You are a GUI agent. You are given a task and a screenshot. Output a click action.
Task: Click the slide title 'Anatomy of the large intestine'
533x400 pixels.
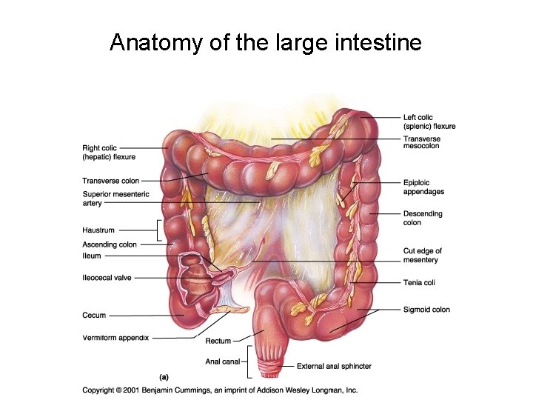[x=266, y=42]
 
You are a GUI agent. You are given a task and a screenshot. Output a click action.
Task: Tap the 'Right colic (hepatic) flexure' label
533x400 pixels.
[x=109, y=153]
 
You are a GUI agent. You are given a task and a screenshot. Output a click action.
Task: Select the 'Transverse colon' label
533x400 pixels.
[x=110, y=181]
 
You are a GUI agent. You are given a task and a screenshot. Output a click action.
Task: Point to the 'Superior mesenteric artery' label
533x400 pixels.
[x=115, y=199]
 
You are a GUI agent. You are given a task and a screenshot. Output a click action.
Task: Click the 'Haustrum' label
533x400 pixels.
[x=98, y=230]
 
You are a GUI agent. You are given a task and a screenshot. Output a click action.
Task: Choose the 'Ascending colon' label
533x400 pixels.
[x=110, y=244]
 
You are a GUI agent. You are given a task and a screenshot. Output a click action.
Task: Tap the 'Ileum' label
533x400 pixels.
[x=92, y=256]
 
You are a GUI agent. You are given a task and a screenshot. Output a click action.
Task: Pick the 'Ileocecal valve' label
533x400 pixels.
[x=107, y=278]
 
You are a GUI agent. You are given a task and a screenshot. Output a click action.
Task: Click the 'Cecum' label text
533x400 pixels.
[x=94, y=316]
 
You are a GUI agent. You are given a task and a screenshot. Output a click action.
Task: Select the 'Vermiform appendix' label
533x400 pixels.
[x=115, y=338]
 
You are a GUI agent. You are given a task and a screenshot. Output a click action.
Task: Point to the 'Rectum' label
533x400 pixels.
[x=218, y=341]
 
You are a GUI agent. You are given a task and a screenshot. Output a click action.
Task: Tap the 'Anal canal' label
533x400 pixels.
[x=222, y=361]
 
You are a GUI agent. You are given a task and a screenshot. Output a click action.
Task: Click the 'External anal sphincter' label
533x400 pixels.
[x=334, y=366]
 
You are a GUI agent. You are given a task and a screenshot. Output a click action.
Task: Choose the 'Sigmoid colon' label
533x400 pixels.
[x=426, y=310]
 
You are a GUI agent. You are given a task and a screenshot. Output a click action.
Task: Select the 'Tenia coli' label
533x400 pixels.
[x=419, y=282]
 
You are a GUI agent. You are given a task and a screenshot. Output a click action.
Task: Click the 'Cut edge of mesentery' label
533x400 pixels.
[x=421, y=256]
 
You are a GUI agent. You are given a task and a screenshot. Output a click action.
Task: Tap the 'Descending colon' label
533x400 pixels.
[x=423, y=218]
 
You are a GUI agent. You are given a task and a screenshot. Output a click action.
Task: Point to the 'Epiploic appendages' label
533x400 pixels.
[x=423, y=187]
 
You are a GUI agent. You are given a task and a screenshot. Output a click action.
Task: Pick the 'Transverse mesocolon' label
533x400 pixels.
[x=422, y=142]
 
